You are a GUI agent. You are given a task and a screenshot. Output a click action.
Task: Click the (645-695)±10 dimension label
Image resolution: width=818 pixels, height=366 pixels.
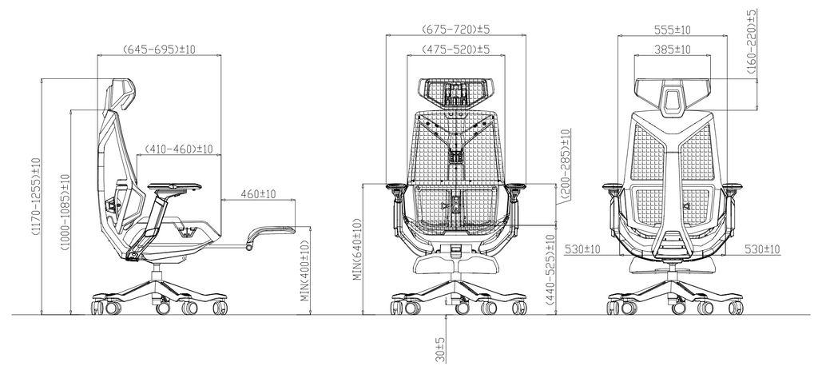160,50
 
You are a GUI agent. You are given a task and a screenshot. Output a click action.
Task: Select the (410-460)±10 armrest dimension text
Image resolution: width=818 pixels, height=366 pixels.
179,149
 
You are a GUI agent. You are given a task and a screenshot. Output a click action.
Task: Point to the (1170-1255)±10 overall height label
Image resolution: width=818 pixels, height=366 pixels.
36,196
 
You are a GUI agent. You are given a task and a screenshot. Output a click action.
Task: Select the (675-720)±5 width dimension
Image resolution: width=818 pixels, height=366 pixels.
455,30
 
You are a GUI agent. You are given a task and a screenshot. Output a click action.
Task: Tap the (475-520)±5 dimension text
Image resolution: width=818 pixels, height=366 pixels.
455,50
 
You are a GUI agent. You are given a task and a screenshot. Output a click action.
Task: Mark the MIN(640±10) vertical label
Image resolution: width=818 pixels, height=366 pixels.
359,250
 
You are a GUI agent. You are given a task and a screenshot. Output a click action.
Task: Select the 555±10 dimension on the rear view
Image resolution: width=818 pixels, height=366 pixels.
672,30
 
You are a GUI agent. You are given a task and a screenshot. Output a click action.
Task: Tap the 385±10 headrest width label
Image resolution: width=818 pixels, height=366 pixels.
672,50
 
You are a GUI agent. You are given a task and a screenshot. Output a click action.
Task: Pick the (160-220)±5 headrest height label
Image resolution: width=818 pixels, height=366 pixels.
752,42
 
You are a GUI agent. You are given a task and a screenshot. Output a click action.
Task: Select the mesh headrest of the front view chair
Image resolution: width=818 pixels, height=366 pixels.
456,92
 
